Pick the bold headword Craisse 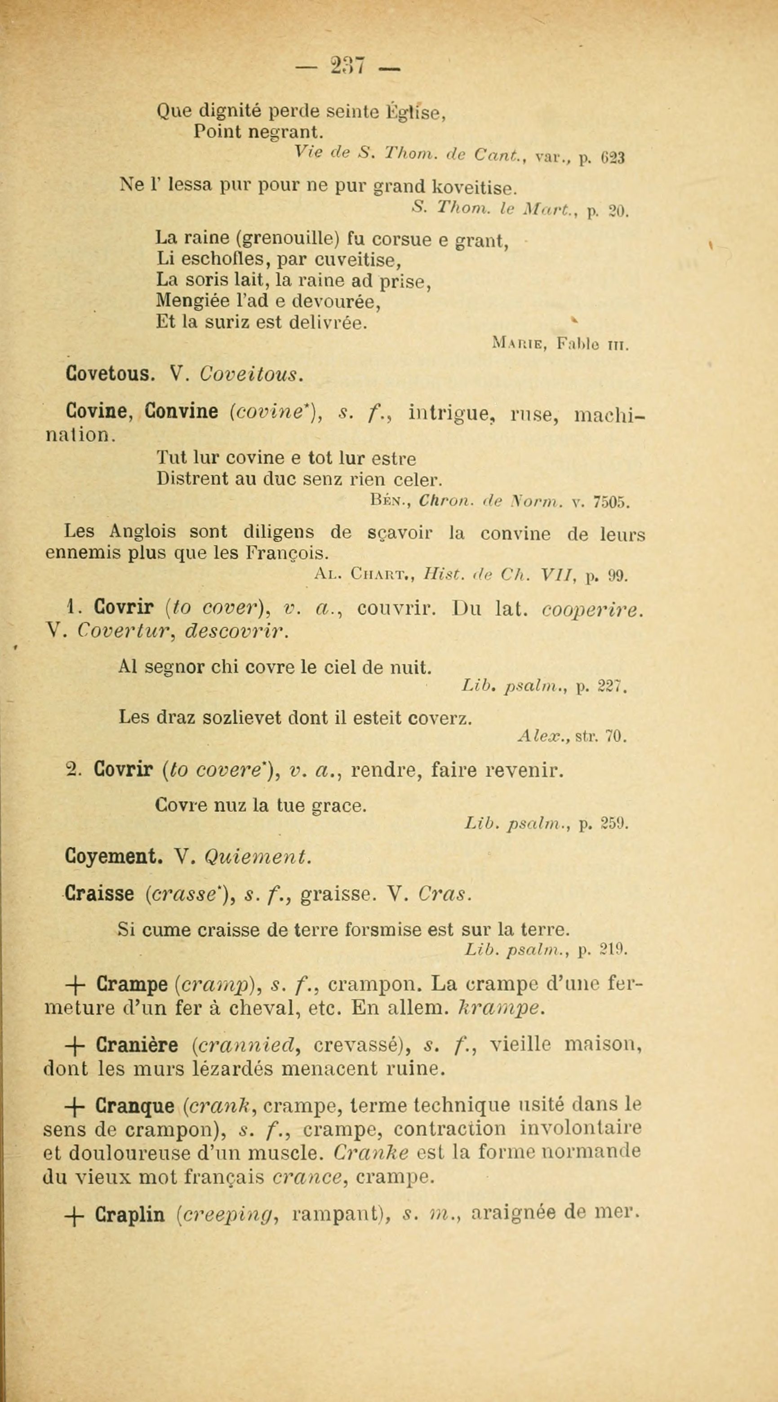(100, 894)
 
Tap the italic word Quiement (257, 857)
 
